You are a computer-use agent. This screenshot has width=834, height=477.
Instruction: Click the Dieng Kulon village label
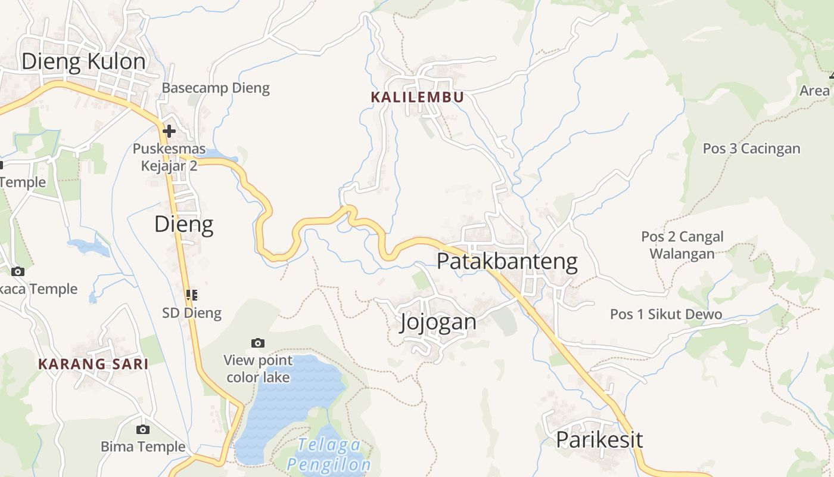(83, 61)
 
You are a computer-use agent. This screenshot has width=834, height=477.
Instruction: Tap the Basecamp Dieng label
(216, 88)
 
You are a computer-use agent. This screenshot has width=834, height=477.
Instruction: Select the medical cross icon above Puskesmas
(169, 131)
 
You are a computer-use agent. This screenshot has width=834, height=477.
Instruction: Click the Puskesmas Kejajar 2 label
(169, 157)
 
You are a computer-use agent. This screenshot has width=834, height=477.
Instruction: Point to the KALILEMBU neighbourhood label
(417, 97)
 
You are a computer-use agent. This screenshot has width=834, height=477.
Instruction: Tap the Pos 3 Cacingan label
(751, 148)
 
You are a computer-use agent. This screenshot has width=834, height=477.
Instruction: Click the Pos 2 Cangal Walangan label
(682, 245)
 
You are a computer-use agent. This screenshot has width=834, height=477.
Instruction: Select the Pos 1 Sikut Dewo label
(666, 314)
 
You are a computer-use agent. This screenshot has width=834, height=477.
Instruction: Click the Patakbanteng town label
(507, 261)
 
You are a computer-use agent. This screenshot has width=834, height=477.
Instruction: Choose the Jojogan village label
(438, 322)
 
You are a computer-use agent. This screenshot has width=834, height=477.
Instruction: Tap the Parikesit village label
(599, 440)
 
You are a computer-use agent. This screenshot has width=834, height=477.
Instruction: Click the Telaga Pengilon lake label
(329, 454)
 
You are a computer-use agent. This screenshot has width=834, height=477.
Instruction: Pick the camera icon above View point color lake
(258, 343)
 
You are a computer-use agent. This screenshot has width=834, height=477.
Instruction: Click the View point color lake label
(259, 368)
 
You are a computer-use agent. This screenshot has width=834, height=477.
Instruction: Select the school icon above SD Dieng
(192, 295)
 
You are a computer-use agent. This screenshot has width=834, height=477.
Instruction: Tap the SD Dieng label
(192, 312)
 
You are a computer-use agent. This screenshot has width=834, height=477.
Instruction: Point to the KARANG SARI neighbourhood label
(94, 364)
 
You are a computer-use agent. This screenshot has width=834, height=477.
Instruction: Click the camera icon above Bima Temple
(142, 429)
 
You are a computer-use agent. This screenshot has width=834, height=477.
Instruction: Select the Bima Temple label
(143, 447)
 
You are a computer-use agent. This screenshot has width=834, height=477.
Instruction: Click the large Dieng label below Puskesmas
(183, 224)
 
